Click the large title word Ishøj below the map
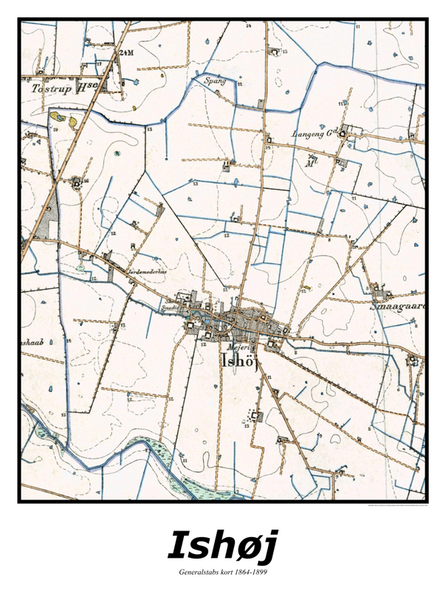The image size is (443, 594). [221, 544]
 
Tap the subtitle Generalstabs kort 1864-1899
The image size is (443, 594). [221, 573]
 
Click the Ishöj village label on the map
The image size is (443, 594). [238, 361]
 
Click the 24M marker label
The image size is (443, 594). [126, 52]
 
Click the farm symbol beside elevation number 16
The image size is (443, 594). [77, 180]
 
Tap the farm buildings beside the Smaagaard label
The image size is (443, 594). [381, 288]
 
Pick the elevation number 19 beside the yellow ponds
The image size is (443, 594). [55, 130]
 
